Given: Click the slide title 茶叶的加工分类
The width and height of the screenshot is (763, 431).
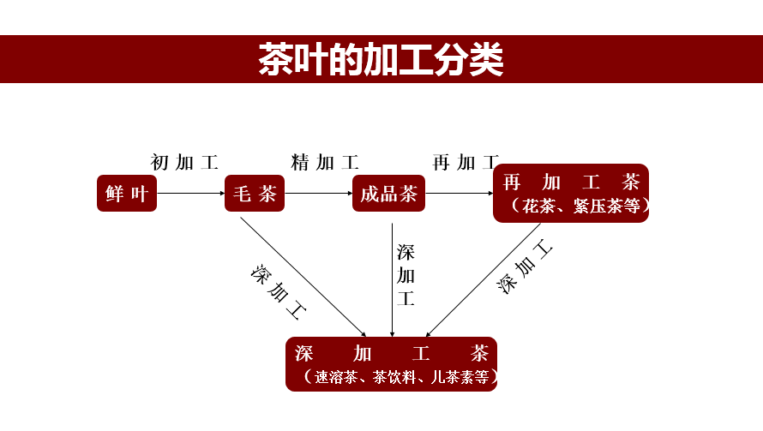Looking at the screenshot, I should [x=381, y=60].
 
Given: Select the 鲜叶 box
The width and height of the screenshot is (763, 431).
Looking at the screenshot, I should [x=127, y=194].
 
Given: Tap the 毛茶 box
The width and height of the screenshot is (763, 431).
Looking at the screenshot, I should [x=255, y=194].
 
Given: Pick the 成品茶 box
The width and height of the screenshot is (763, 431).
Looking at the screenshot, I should [x=388, y=194].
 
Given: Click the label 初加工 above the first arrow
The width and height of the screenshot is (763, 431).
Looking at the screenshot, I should [x=184, y=162].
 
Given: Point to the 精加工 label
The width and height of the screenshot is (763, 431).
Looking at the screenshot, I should [x=325, y=162].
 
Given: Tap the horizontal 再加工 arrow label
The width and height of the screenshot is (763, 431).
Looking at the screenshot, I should [x=465, y=162].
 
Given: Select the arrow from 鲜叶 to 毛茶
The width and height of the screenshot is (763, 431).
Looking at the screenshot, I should [x=190, y=194].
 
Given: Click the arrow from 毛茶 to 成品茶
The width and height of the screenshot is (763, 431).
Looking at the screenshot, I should [x=318, y=194].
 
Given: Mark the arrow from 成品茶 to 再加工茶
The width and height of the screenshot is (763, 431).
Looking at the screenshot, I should [x=460, y=194].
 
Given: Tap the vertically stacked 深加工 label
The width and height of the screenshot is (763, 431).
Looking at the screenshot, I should [x=406, y=275].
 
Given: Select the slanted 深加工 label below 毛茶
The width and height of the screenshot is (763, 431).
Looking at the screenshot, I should [x=279, y=292].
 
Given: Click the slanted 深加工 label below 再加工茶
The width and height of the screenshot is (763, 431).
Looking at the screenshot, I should [x=525, y=268].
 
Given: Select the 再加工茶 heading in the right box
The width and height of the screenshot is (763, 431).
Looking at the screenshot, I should [x=571, y=183].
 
